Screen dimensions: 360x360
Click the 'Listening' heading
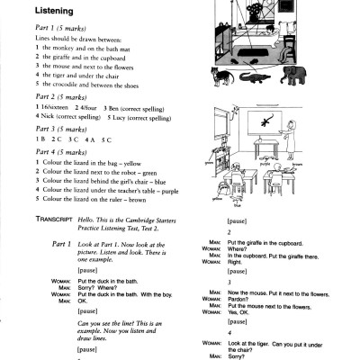53,11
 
